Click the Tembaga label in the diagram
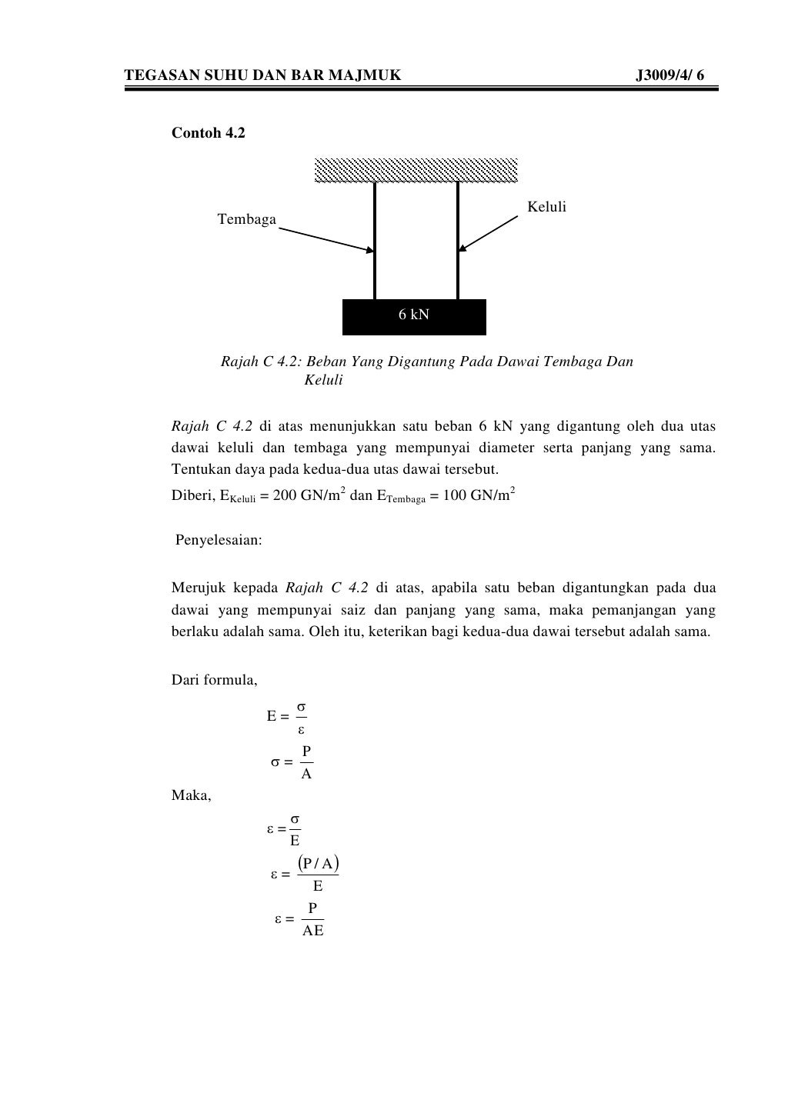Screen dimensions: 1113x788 click(246, 220)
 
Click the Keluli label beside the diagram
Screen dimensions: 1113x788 click(546, 207)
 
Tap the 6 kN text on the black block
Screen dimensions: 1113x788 click(413, 315)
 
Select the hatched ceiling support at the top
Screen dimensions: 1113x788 click(416, 170)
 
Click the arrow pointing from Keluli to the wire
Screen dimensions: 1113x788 click(489, 233)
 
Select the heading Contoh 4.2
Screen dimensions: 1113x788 click(208, 133)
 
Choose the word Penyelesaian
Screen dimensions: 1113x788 click(219, 540)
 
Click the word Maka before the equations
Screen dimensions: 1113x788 click(190, 795)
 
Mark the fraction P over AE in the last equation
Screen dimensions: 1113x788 click(312, 919)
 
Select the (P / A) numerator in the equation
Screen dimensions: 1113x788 click(318, 863)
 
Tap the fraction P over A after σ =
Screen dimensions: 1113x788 click(306, 762)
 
